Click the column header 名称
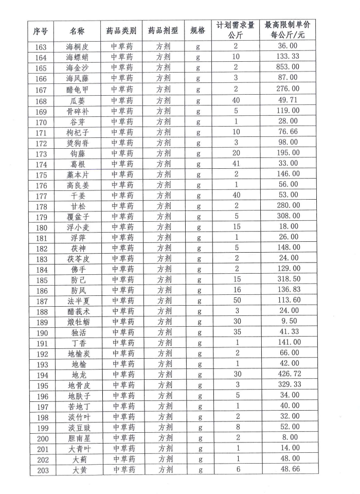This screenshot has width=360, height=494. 79,31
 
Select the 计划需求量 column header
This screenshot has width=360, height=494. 236,25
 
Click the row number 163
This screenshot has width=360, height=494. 41,47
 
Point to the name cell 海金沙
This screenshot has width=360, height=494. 79,68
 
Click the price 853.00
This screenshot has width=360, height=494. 287,67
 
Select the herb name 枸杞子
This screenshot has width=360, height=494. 79,133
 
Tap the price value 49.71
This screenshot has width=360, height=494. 287,99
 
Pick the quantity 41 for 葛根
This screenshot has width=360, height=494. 236,164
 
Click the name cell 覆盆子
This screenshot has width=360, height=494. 79,217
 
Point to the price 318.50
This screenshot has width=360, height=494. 287,279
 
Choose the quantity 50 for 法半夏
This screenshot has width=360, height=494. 236,301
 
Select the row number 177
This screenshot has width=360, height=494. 41,196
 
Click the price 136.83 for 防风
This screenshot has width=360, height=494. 287,290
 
